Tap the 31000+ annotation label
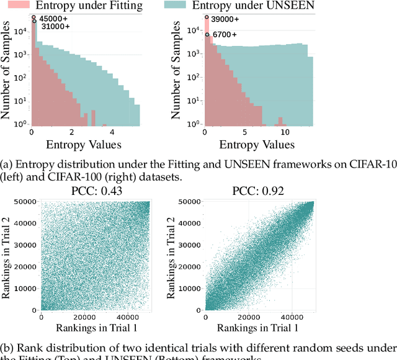point(54,27)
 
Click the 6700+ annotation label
point(225,35)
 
